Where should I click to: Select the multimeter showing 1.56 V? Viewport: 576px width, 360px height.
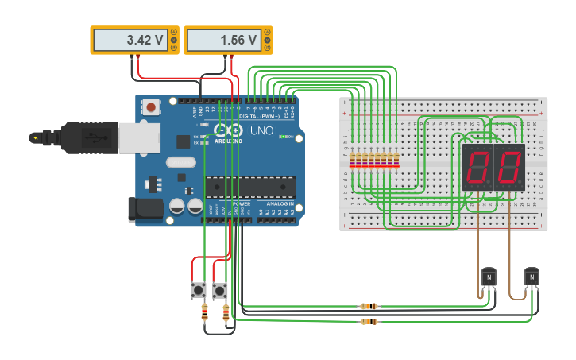click(x=228, y=40)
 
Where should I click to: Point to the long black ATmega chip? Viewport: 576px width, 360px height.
click(x=250, y=187)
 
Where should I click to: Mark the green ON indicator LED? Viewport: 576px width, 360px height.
click(x=283, y=137)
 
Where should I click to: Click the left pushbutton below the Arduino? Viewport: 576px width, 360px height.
click(x=199, y=290)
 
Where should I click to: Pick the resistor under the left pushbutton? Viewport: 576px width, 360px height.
click(x=205, y=313)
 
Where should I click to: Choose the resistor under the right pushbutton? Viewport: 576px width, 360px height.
click(x=226, y=313)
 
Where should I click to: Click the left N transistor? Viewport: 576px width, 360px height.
click(x=489, y=277)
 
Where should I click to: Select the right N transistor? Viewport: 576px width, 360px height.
click(x=532, y=277)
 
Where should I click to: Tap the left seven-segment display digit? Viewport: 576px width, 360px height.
click(x=477, y=167)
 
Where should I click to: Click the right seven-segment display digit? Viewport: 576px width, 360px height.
click(x=509, y=167)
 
